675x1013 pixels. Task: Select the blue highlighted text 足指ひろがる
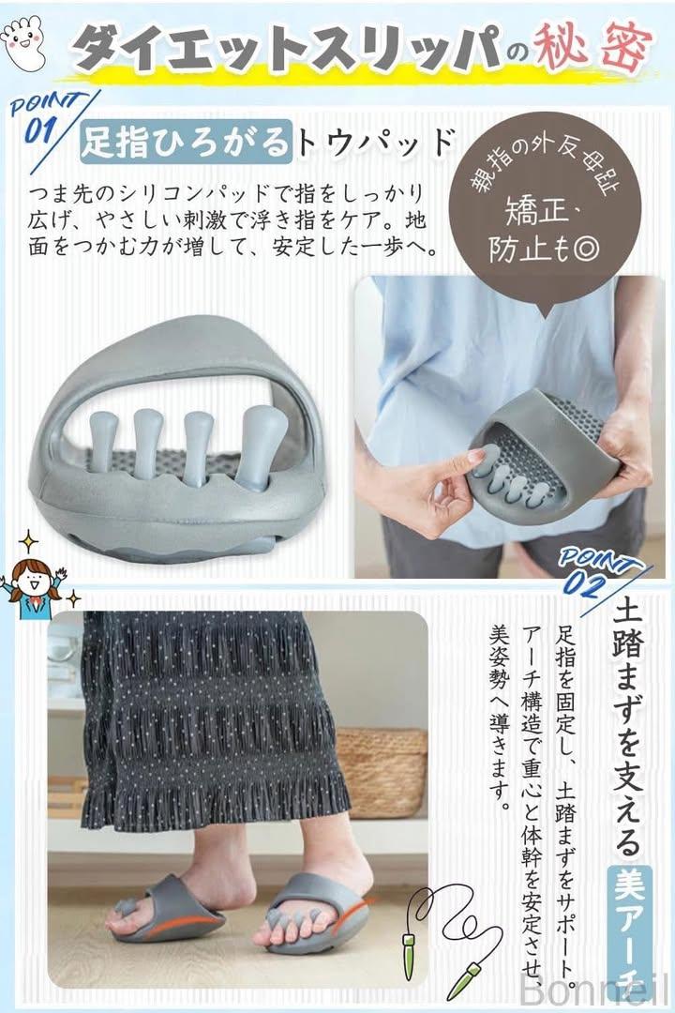tap(185, 140)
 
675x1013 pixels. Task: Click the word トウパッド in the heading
tap(375, 140)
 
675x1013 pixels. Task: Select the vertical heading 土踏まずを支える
tap(628, 728)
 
